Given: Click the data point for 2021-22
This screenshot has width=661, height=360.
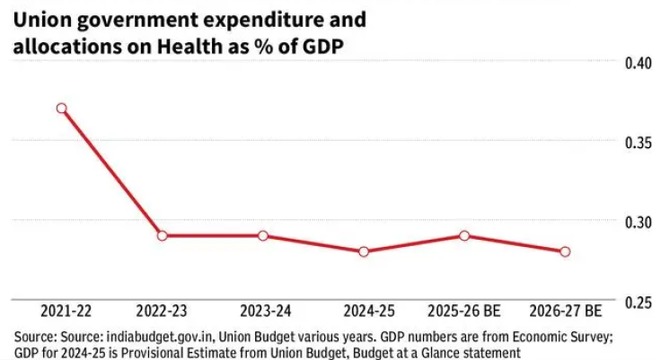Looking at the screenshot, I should [x=62, y=108].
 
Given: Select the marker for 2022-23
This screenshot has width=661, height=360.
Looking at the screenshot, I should [x=162, y=235].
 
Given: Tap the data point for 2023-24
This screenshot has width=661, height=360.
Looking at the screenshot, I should [x=263, y=235].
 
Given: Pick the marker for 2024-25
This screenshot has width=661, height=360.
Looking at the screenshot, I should [x=364, y=251].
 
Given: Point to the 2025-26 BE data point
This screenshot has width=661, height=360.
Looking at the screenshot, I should [x=464, y=235].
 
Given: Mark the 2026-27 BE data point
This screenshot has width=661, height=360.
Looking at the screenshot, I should [x=565, y=251].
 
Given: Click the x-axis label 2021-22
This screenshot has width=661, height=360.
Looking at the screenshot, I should [x=62, y=310].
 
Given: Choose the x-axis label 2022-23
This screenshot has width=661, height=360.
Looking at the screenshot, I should [x=162, y=310].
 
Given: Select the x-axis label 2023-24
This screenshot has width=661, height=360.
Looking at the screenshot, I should [x=263, y=310].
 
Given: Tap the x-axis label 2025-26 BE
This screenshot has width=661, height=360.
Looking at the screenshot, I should [x=464, y=310].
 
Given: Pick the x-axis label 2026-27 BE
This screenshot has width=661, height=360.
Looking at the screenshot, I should [x=565, y=310].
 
